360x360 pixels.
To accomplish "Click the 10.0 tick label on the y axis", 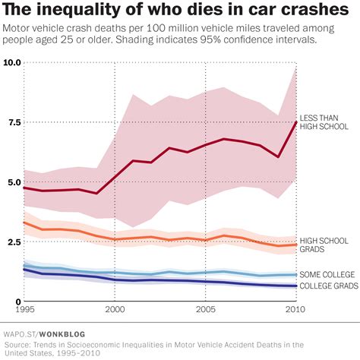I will (x=11, y=62).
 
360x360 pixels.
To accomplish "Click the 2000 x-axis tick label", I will (x=115, y=311).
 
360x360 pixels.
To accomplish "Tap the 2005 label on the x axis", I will (x=205, y=311).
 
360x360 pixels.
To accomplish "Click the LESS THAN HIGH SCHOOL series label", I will (x=325, y=122).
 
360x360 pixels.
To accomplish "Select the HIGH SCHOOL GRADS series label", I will (x=325, y=245).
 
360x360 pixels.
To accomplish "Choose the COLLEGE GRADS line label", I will (x=329, y=286).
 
